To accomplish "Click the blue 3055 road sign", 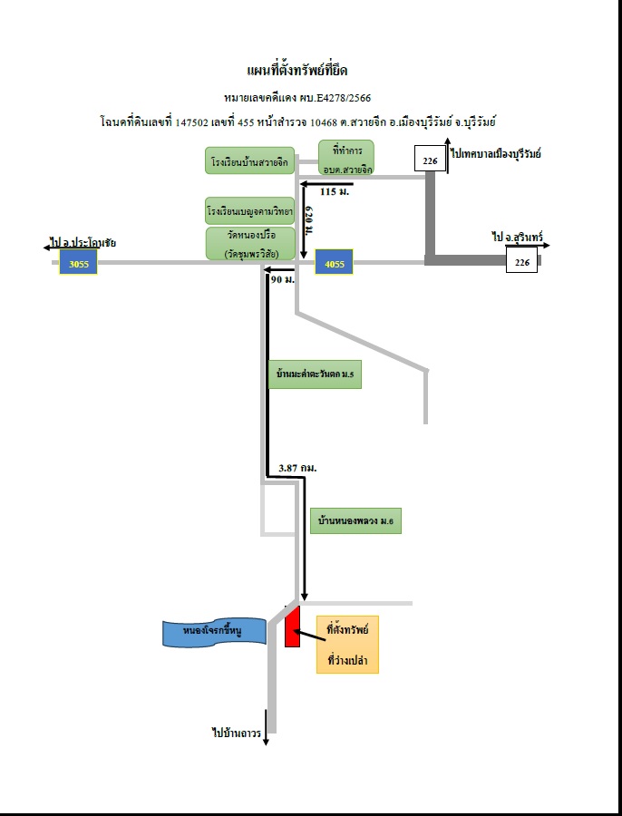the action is [78, 262].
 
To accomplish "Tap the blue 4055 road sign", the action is [334, 262].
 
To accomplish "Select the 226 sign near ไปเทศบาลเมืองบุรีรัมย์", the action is [430, 159].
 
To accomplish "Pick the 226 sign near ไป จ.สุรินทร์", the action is [521, 260].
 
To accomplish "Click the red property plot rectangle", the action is [292, 627].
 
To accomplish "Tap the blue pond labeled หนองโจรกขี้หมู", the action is [214, 633].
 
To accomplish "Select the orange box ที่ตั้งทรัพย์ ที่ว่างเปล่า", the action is [347, 645].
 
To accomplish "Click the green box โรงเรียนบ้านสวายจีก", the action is [250, 160].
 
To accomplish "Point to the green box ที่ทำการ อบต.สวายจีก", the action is [346, 157].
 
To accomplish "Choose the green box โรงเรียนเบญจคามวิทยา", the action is [250, 210].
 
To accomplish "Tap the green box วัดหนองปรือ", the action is [250, 243].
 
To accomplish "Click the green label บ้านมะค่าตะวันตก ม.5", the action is [315, 374].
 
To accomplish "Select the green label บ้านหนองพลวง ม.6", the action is [355, 520].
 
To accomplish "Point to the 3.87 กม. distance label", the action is [297, 468].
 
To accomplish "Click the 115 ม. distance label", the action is [335, 191].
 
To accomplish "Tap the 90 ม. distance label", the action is [283, 279].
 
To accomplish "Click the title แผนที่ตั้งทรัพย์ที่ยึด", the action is [297, 70].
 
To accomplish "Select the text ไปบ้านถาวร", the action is [237, 733].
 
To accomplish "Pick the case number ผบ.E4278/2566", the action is [335, 97].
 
